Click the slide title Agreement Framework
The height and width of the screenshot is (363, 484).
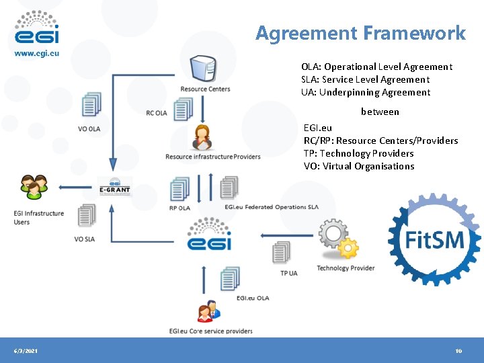point(360,33)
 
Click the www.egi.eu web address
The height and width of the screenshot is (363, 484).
point(37,54)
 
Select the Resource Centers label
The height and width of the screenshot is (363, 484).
point(205,89)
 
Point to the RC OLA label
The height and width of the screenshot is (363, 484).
point(157,113)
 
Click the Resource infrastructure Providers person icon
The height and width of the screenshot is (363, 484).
point(202,138)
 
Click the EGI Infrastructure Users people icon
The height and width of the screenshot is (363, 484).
point(34,187)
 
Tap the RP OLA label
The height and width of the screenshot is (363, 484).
point(179,208)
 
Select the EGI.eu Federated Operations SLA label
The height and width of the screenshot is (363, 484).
point(272,207)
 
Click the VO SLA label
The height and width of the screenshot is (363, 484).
point(85,239)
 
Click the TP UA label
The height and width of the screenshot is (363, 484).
point(288,273)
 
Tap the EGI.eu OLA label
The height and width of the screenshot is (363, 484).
point(253,298)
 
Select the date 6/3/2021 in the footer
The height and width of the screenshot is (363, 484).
point(26,352)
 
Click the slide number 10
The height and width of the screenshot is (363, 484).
point(458,352)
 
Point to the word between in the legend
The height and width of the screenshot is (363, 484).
point(380,112)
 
